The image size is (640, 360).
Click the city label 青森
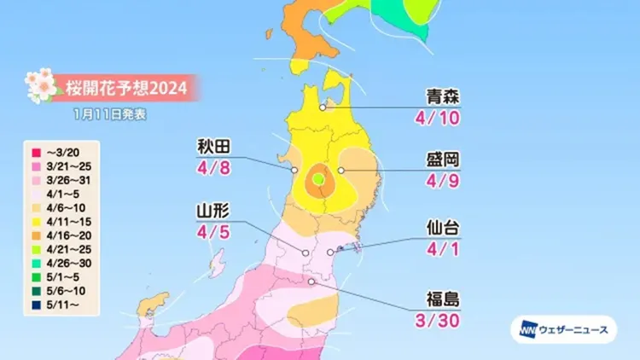(x=442, y=96)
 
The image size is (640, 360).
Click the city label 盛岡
(x=442, y=160)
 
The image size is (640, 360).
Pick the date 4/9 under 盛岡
(x=442, y=182)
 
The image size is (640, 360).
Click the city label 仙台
(x=442, y=229)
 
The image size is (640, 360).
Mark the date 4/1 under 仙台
(x=442, y=250)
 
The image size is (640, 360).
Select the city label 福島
(x=442, y=299)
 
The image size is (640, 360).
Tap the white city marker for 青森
(x=323, y=107)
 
